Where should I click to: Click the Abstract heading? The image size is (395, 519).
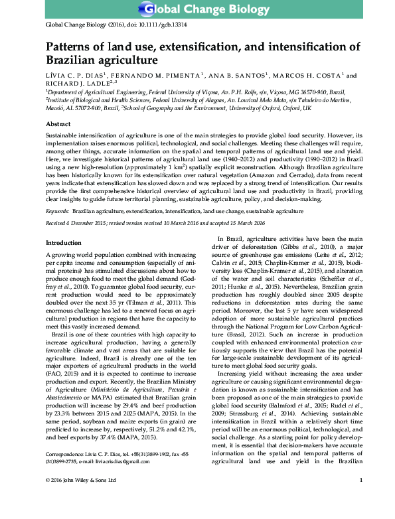pos(58,124)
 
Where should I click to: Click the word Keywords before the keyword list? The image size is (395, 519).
pos(58,210)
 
